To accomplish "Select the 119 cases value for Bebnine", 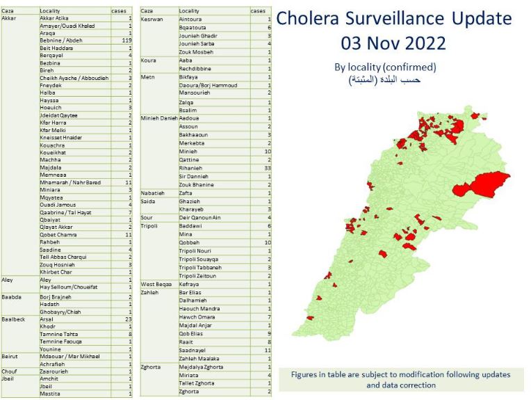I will (126, 41).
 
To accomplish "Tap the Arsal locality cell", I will (48, 319).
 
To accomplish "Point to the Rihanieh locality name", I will (191, 167).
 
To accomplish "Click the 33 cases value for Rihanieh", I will (268, 167).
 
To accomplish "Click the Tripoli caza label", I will (150, 226).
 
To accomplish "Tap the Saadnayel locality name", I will (193, 351).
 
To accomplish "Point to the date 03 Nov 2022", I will (393, 43).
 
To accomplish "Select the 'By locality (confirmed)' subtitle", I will (385, 67).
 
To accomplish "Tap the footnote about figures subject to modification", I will (399, 379).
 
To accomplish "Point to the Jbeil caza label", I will (9, 378).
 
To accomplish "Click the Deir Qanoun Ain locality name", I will (200, 218).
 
